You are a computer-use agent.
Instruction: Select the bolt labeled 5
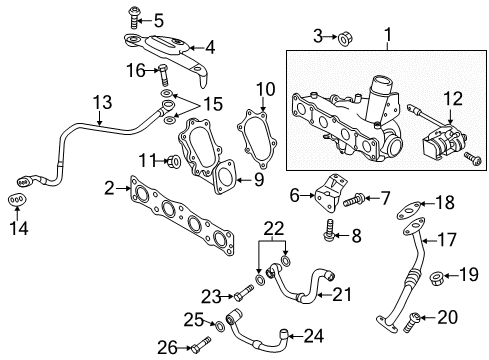pyautogui.click(x=133, y=16)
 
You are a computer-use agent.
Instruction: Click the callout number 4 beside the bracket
pyautogui.click(x=209, y=46)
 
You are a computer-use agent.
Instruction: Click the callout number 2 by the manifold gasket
pyautogui.click(x=107, y=187)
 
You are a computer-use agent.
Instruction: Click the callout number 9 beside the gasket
pyautogui.click(x=257, y=180)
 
